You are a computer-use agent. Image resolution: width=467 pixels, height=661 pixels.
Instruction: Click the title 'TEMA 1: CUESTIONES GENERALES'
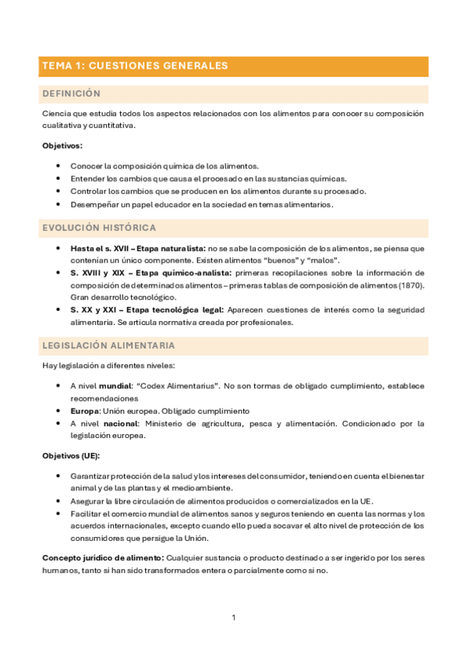point(135,66)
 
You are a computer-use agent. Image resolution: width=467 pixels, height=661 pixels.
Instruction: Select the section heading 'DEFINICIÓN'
point(71,94)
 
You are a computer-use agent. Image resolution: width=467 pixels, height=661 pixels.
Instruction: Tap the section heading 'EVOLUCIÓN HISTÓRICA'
point(99,228)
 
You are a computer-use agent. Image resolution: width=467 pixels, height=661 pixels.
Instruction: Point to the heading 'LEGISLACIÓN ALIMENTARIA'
point(108,345)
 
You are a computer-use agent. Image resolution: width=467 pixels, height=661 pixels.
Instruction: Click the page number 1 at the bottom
point(233,618)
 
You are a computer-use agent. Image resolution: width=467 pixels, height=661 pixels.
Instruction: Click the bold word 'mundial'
point(115,385)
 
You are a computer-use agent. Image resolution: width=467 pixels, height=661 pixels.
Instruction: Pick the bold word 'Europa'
point(84,411)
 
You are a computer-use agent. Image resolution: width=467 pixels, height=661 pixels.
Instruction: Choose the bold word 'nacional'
point(120,423)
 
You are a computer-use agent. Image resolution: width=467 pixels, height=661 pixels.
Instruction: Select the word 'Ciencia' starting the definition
point(56,114)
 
